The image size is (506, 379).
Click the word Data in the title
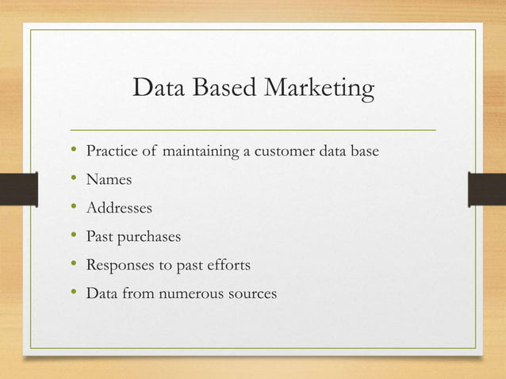(x=156, y=89)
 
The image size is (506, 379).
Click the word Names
(x=109, y=180)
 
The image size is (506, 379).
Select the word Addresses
(x=119, y=209)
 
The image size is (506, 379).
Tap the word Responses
(x=120, y=266)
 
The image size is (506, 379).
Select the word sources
(x=252, y=294)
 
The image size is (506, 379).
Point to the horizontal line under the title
(x=253, y=128)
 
